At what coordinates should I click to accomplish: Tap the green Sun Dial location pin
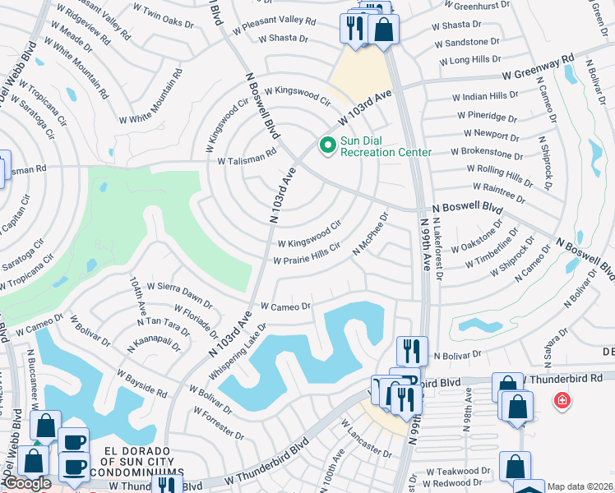click(x=327, y=146)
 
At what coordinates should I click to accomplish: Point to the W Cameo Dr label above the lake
click(x=285, y=306)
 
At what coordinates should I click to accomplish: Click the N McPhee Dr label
click(x=370, y=233)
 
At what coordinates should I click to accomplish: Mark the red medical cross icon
click(x=562, y=400)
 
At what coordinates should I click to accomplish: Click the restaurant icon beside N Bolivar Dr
click(x=412, y=351)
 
